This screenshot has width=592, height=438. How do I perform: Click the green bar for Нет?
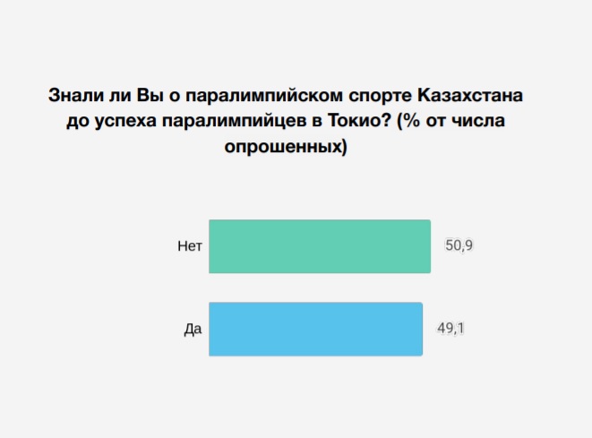pyautogui.click(x=320, y=246)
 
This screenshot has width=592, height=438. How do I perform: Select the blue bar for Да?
pyautogui.click(x=315, y=329)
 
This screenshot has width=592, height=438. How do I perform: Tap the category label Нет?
pyautogui.click(x=190, y=246)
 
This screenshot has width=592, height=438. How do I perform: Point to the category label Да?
pyautogui.click(x=193, y=330)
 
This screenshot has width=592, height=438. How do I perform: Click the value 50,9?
pyautogui.click(x=459, y=245)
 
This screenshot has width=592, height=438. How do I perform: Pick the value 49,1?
pyautogui.click(x=450, y=329)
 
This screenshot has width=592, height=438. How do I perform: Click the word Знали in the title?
pyautogui.click(x=76, y=95)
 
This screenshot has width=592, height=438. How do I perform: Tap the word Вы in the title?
pyautogui.click(x=150, y=95)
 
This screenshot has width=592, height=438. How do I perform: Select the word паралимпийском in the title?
pyautogui.click(x=264, y=96)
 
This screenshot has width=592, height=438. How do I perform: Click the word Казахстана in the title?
pyautogui.click(x=470, y=95)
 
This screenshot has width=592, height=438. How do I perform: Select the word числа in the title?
pyautogui.click(x=478, y=122)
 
